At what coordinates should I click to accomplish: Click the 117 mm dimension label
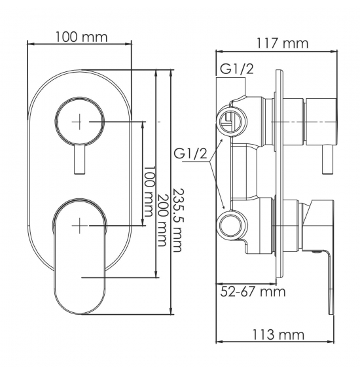pyautogui.click(x=283, y=44)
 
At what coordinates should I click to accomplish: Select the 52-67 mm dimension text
pyautogui.click(x=253, y=291)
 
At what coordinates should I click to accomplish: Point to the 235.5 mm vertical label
pyautogui.click(x=177, y=220)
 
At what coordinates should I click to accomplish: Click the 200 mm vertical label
pyautogui.click(x=162, y=220)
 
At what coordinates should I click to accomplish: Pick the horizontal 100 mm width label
pyautogui.click(x=82, y=37)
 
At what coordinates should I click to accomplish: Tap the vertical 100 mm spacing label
pyautogui.click(x=149, y=192)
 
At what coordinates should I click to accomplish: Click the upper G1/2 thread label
pyautogui.click(x=236, y=69)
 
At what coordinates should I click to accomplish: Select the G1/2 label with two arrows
pyautogui.click(x=190, y=154)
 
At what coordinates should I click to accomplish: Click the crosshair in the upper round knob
pyautogui.click(x=80, y=122)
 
